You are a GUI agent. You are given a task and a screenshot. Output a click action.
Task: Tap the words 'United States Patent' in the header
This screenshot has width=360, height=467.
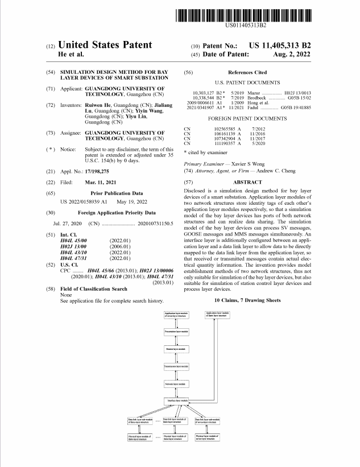coord(105,45)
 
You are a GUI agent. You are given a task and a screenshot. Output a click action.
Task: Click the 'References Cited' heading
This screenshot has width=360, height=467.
coord(247,73)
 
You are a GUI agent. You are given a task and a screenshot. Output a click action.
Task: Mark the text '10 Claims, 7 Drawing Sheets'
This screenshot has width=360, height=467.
coord(248,300)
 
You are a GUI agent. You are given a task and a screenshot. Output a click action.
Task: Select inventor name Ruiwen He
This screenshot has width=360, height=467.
coord(98,106)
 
